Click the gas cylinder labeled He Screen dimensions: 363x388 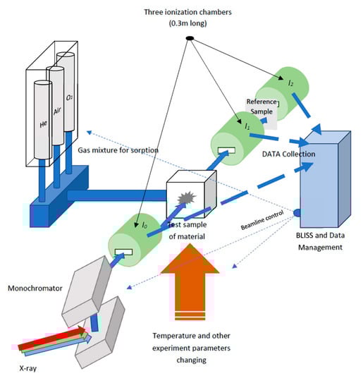click(43, 119)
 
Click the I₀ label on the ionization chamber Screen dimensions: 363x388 click(144, 225)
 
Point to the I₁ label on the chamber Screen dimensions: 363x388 click(247, 126)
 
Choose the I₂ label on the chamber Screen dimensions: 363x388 click(291, 83)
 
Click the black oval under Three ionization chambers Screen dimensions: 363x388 click(190, 38)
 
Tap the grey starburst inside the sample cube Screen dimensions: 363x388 click(187, 198)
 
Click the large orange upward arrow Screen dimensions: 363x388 click(190, 281)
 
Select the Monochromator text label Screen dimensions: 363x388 click(35, 289)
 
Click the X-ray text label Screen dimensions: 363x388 click(28, 368)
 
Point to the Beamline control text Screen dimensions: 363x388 click(262, 220)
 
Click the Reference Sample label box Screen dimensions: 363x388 click(262, 113)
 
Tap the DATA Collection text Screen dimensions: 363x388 click(288, 154)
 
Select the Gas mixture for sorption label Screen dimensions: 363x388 click(118, 150)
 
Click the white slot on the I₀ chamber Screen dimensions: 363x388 click(123, 252)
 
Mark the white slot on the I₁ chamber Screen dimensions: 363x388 click(226, 150)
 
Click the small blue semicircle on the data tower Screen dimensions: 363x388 click(297, 212)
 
